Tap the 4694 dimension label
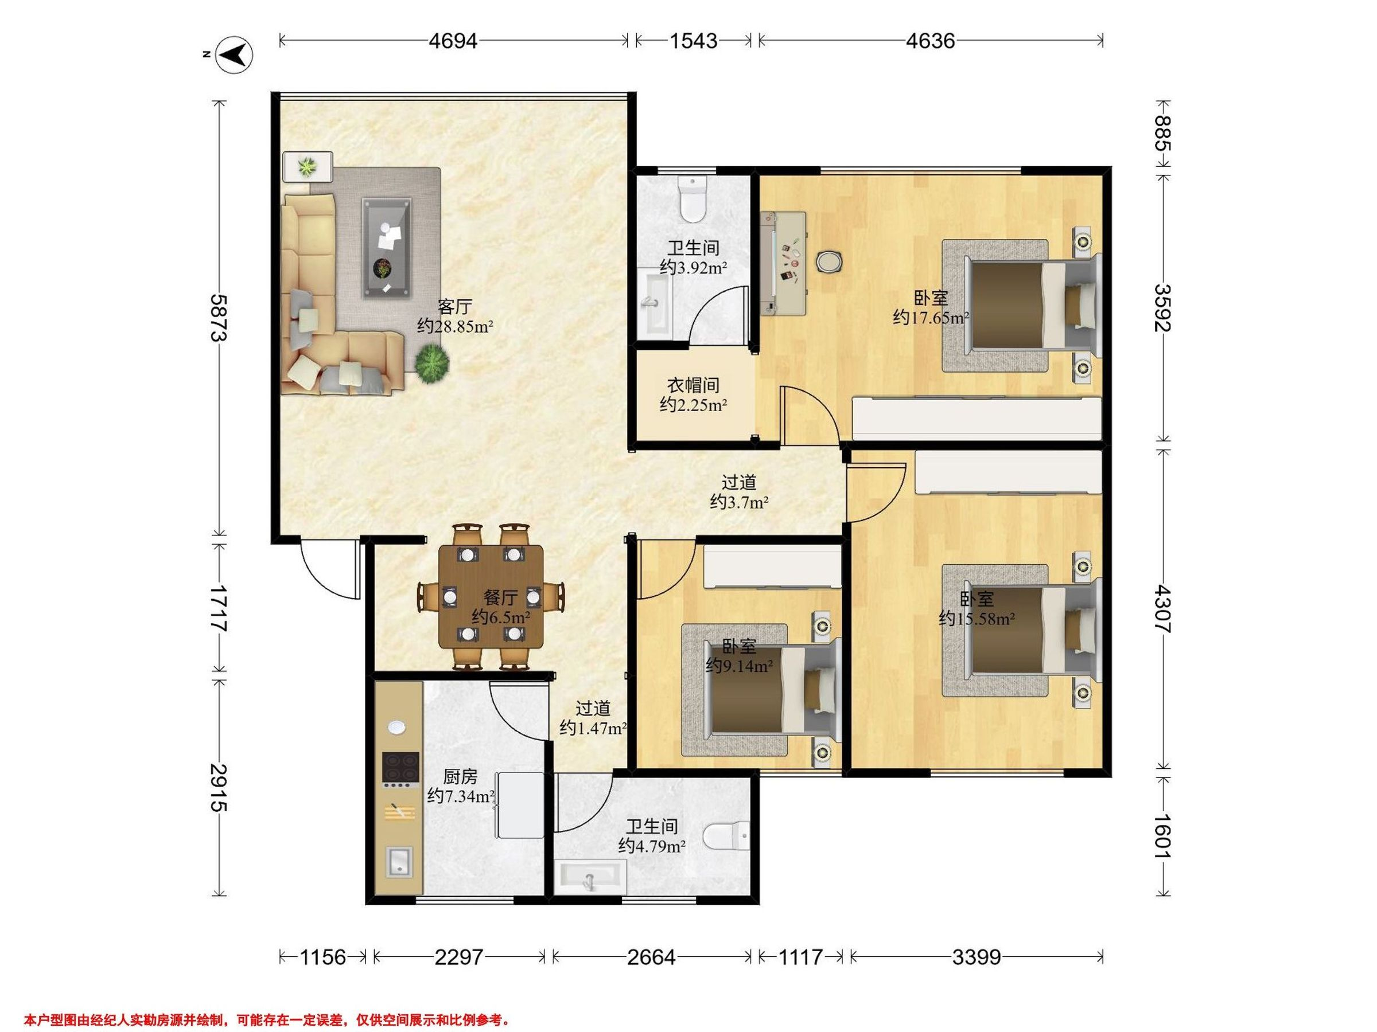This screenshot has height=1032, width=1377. click(x=453, y=41)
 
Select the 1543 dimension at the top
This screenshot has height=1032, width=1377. click(x=694, y=41)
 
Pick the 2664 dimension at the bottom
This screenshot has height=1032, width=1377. click(x=651, y=957)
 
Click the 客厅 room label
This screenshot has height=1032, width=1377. click(x=454, y=307)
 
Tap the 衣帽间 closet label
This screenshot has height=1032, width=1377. click(x=694, y=385)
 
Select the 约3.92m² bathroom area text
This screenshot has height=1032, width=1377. click(x=694, y=268)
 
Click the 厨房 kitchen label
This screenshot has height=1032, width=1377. click(x=460, y=776)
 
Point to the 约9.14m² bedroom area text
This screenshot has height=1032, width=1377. click(x=740, y=666)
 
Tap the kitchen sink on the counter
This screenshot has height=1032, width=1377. click(x=398, y=862)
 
